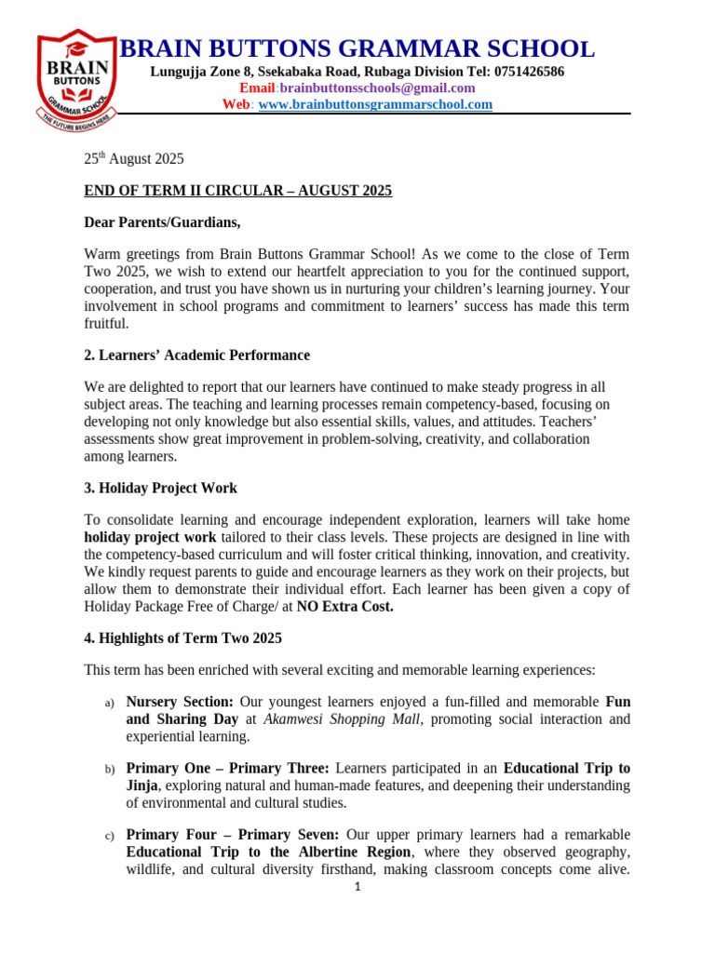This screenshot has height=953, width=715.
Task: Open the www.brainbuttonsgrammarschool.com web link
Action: pos(374,105)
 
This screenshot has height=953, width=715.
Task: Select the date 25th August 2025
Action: pos(134,159)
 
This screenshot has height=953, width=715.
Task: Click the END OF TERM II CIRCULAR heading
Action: pos(237,191)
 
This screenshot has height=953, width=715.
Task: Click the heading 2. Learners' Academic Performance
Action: pos(196,356)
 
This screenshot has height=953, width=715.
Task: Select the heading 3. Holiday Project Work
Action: pos(160,489)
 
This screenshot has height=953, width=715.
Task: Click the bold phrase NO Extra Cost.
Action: pos(344,607)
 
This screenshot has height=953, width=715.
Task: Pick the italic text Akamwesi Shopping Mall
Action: pos(339,719)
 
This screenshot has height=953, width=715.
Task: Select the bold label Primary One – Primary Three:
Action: pos(227,769)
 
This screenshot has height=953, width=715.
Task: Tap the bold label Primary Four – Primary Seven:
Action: pos(232,835)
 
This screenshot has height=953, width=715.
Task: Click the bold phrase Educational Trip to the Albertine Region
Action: pos(268,852)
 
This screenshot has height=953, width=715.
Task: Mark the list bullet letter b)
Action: pos(109,770)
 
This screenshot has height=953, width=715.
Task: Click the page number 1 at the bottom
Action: pos(357,887)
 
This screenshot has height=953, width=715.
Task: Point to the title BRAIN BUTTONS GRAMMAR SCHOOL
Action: pos(357,49)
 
